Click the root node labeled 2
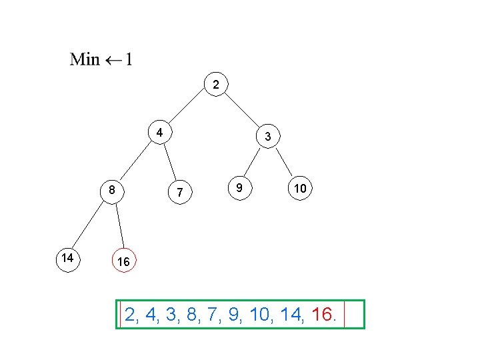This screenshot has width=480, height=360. point(215,84)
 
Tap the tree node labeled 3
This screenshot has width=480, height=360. point(267,137)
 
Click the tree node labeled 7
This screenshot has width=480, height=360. point(179,193)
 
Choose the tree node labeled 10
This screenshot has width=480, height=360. point(300,189)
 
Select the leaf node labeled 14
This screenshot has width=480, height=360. point(67,257)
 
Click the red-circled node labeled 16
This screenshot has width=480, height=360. point(123,262)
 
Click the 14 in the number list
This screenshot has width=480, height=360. point(293,314)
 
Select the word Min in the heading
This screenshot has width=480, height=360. point(85,59)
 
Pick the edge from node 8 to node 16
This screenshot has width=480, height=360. point(119,227)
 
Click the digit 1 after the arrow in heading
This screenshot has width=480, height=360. point(129,59)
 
